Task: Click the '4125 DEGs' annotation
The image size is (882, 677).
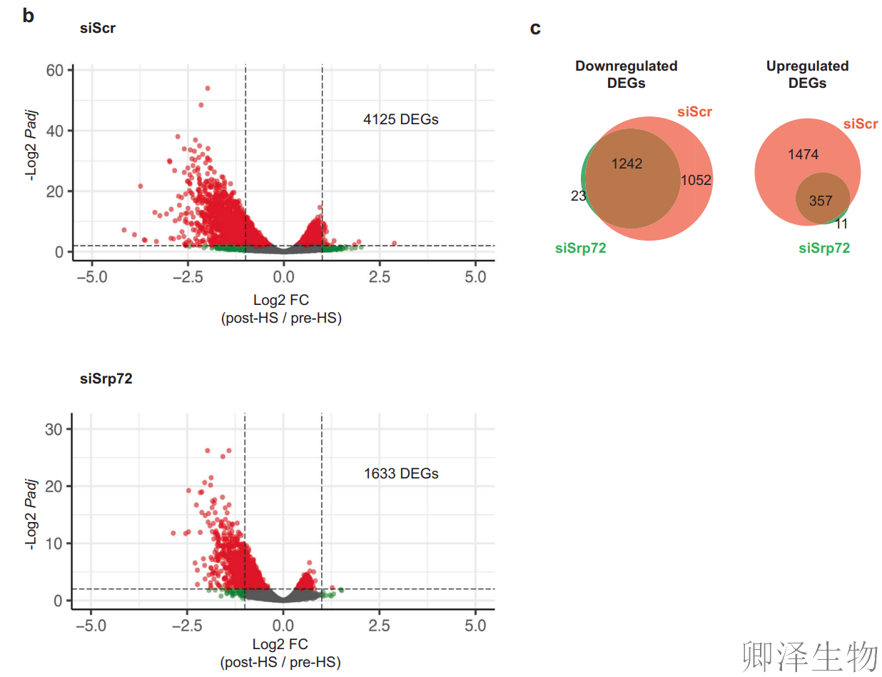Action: tap(400, 119)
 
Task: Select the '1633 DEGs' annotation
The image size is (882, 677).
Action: tap(400, 473)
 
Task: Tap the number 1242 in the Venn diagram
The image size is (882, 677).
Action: tap(627, 164)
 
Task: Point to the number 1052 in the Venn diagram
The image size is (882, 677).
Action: tap(696, 180)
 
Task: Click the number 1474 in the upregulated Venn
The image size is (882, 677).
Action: tap(803, 154)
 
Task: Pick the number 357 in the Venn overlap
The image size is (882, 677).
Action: tap(821, 201)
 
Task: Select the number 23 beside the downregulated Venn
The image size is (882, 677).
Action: tap(578, 196)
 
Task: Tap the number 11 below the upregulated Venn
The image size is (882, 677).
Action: tap(841, 224)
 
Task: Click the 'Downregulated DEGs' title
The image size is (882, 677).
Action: tap(626, 74)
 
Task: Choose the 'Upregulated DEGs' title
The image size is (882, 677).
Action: tap(807, 74)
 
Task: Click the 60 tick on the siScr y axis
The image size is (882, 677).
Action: tap(56, 70)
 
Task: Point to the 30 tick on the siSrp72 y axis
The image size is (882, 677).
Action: tap(56, 429)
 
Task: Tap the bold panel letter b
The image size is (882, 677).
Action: tap(28, 16)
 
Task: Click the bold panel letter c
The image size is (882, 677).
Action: tap(535, 29)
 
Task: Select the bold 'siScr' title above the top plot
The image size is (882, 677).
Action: tap(97, 29)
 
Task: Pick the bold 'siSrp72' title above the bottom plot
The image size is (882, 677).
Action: tap(106, 379)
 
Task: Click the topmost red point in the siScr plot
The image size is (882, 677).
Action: tap(208, 89)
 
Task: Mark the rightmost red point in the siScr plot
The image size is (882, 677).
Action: tap(394, 244)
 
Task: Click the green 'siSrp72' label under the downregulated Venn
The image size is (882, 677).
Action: tap(580, 249)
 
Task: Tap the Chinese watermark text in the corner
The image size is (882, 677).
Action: tap(809, 656)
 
